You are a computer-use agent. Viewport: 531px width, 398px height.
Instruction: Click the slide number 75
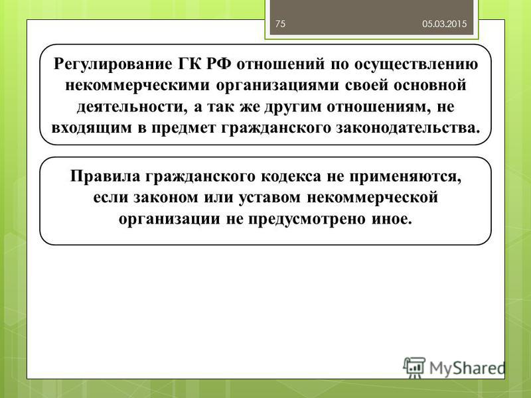point(280,24)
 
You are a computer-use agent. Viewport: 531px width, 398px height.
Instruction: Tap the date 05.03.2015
point(444,24)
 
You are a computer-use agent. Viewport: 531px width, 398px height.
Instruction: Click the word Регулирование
point(113,64)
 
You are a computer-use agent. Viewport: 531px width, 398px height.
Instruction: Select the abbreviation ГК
point(189,64)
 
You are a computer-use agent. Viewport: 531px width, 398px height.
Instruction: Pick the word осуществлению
point(416,64)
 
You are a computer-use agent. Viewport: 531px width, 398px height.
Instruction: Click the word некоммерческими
point(137,86)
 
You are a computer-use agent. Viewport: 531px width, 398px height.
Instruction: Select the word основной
point(430,86)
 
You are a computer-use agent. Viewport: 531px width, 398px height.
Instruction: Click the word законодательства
point(408,128)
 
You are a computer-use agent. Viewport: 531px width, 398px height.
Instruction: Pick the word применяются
point(405,177)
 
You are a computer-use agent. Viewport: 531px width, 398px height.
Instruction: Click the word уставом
point(269,198)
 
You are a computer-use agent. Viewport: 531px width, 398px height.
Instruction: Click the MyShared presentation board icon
point(414,367)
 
